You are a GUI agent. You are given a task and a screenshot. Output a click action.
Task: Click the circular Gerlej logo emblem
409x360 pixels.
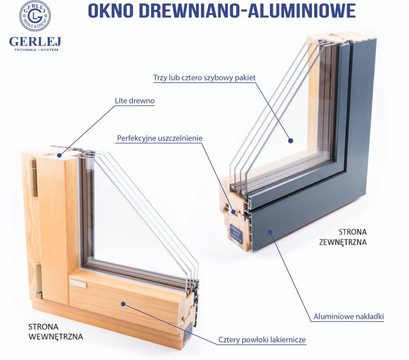click(x=35, y=16)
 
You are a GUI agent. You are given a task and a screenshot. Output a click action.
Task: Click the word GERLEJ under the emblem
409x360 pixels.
click(x=35, y=41)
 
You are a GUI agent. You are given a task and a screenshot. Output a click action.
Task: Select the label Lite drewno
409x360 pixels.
click(x=135, y=101)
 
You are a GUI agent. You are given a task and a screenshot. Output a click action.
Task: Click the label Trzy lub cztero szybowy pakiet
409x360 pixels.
click(x=204, y=78)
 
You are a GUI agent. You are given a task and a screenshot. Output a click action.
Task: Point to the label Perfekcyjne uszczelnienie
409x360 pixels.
click(x=160, y=138)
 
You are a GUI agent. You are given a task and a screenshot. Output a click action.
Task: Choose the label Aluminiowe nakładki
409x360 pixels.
click(x=348, y=316)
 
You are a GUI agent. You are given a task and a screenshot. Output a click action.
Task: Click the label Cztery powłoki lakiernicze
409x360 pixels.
click(x=262, y=340)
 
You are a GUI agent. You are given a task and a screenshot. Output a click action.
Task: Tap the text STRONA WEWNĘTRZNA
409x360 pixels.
click(x=56, y=332)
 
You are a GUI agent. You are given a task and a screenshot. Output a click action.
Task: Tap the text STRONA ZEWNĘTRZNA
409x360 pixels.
click(x=343, y=237)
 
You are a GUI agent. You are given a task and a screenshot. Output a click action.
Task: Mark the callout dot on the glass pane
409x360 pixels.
click(x=291, y=141)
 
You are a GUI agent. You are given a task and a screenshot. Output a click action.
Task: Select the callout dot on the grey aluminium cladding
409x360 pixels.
click(x=270, y=232)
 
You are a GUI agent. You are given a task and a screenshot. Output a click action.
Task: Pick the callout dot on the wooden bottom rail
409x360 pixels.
click(x=123, y=304)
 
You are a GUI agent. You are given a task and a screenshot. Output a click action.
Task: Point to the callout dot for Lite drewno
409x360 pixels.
click(x=59, y=155)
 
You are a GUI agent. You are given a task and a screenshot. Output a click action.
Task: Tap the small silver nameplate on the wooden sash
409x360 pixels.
click(x=78, y=283)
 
